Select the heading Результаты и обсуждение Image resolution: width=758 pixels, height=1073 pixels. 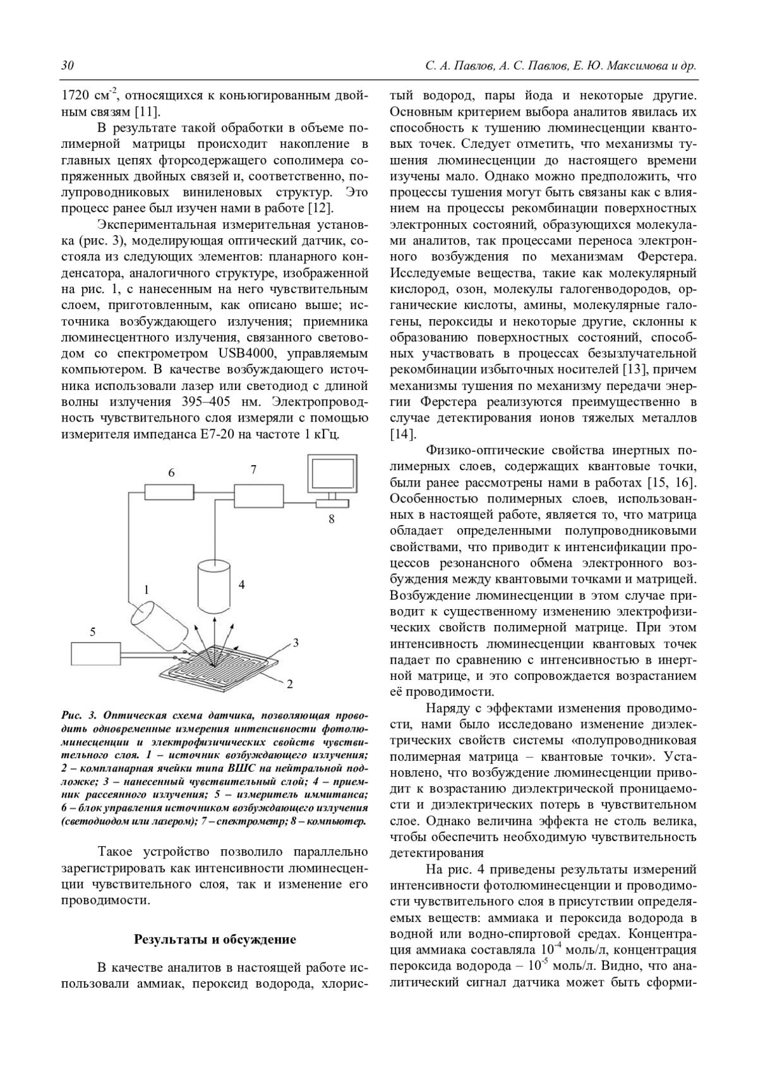[215, 939]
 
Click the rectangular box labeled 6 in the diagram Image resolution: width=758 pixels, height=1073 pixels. [169, 490]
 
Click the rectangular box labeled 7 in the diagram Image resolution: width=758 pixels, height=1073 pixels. [260, 493]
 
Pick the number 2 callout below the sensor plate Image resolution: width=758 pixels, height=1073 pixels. [290, 684]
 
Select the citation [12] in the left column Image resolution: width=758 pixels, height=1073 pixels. [322, 209]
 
